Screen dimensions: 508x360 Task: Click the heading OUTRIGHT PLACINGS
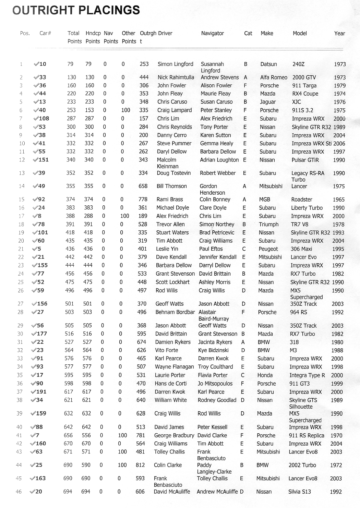[76, 10]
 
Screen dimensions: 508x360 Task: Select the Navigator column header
[212, 33]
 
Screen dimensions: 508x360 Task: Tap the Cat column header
[248, 33]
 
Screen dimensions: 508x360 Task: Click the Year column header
[339, 33]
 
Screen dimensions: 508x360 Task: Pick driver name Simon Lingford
[175, 64]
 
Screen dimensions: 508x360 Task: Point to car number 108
[44, 119]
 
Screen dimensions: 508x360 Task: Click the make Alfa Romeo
[274, 77]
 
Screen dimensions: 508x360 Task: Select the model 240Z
[298, 64]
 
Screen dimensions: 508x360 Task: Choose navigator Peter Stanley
[216, 110]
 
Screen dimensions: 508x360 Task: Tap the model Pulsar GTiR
[305, 160]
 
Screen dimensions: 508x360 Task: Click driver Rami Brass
[170, 199]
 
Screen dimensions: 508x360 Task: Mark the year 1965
[338, 199]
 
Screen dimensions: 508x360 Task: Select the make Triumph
[268, 225]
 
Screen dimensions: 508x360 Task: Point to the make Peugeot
[268, 249]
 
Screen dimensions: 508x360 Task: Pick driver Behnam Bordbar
[175, 312]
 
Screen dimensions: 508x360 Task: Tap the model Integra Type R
[307, 375]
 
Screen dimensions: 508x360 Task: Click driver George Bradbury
[174, 436]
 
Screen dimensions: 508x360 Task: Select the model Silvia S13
[299, 492]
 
